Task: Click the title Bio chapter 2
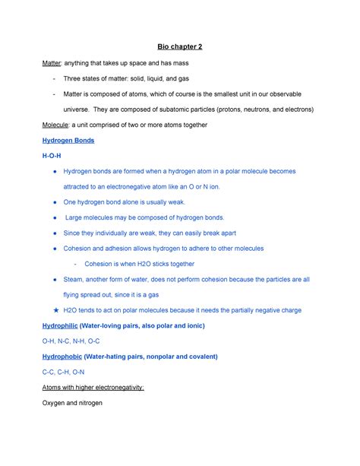[179, 47]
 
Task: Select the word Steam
[74, 279]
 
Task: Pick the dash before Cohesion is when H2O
[72, 264]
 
